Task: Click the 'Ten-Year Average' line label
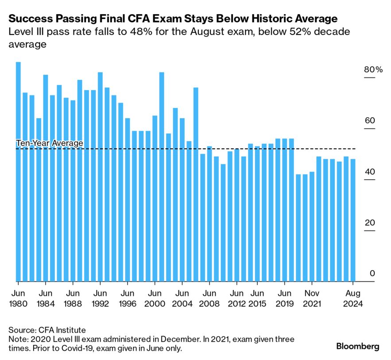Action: [50, 143]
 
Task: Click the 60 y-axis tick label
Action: [369, 121]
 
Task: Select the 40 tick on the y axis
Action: [369, 172]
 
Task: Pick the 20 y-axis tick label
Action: [369, 223]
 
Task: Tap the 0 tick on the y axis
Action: [372, 274]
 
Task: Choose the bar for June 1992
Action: [100, 176]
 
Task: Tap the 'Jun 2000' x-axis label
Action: [155, 299]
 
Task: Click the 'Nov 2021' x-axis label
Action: [312, 299]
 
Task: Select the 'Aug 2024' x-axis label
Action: [353, 299]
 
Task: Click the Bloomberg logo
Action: [357, 347]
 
